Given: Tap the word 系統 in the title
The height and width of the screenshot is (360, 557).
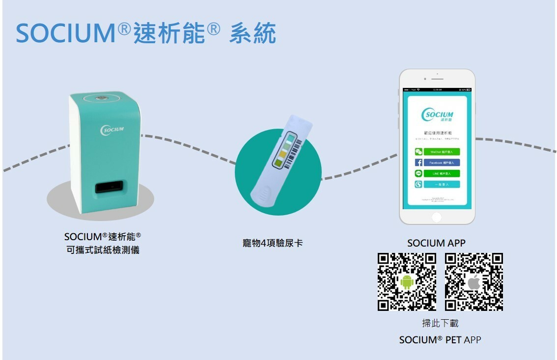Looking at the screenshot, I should pyautogui.click(x=252, y=33).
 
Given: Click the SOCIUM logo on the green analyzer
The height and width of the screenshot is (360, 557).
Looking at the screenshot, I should pyautogui.click(x=112, y=130).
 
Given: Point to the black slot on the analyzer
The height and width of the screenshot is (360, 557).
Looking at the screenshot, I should pyautogui.click(x=109, y=188).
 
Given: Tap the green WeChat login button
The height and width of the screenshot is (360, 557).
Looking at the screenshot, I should pyautogui.click(x=437, y=152).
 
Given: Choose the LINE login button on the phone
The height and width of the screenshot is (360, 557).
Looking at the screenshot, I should pyautogui.click(x=437, y=173).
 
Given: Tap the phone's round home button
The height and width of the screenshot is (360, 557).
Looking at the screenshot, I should pyautogui.click(x=436, y=217).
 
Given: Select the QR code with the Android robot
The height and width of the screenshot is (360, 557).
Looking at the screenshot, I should pyautogui.click(x=407, y=281).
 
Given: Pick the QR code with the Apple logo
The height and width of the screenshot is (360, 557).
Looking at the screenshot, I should pyautogui.click(x=473, y=281).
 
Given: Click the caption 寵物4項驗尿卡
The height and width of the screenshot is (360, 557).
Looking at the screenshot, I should pyautogui.click(x=273, y=243).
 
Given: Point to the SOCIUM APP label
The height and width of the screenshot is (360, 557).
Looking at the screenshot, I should pyautogui.click(x=436, y=243).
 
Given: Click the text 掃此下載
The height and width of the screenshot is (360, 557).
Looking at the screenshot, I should pyautogui.click(x=440, y=323).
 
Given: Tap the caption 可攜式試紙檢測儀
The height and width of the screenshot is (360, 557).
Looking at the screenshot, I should pyautogui.click(x=103, y=250).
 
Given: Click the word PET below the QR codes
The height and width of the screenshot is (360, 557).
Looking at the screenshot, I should pyautogui.click(x=453, y=340).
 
